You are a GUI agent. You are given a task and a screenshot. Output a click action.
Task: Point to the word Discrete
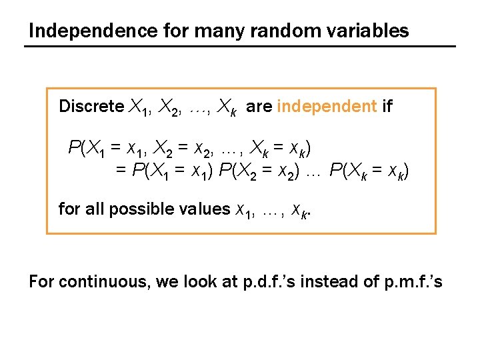[91, 107]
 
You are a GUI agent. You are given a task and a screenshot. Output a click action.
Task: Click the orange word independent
[327, 107]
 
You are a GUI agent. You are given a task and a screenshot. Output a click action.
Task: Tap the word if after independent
[387, 107]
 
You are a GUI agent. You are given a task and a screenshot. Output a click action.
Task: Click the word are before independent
[259, 107]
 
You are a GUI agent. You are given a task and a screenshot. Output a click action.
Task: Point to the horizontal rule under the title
[240, 46]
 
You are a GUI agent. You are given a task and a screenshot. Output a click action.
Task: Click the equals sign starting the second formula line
[121, 171]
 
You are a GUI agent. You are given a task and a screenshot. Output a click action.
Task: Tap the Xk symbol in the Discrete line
[228, 107]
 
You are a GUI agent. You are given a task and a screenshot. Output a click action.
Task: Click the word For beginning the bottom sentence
[41, 282]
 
